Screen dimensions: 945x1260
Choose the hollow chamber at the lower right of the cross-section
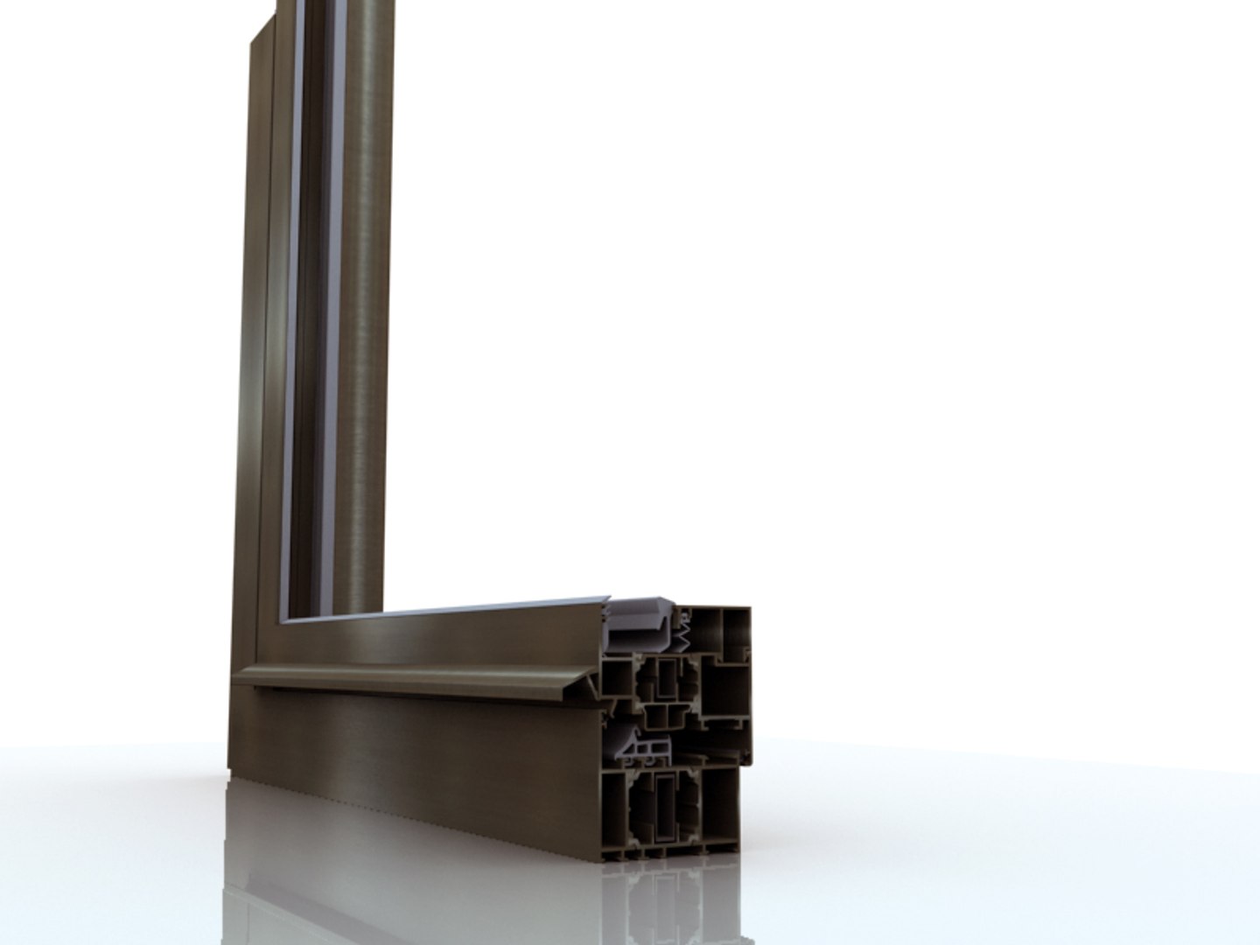coord(720,805)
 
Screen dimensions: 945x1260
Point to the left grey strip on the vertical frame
coord(300,306)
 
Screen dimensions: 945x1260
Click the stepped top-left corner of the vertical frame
coord(262,31)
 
